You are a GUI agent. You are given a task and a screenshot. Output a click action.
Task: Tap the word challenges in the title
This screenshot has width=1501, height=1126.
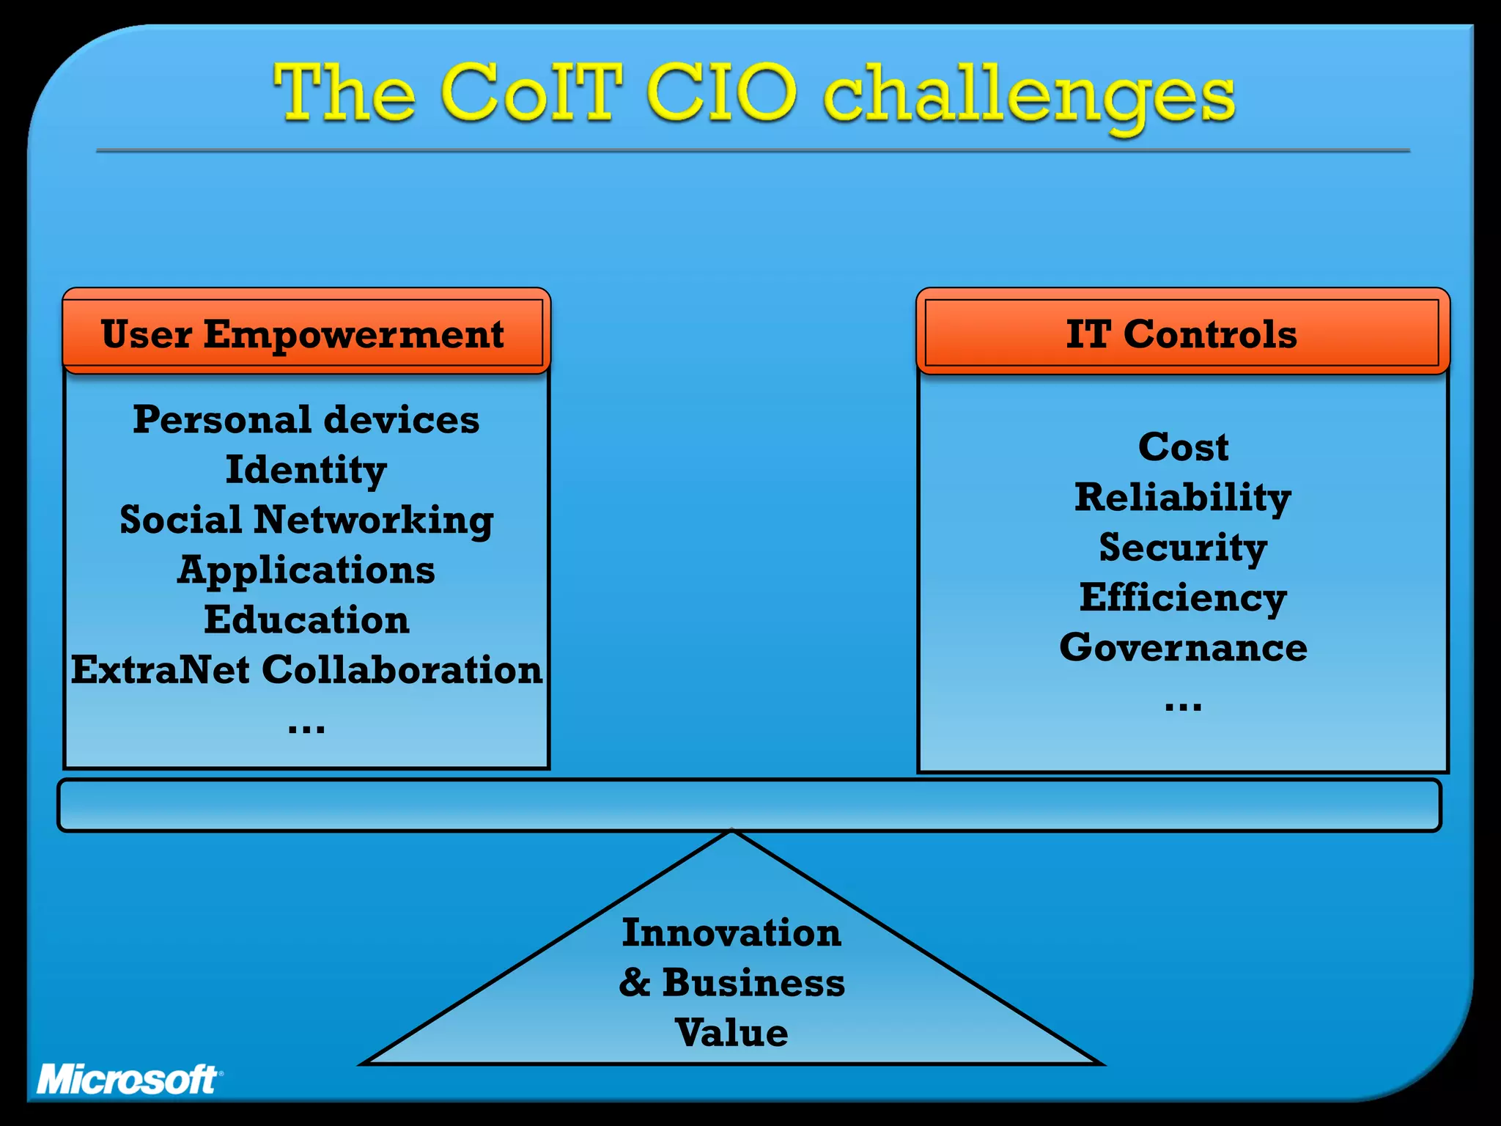[1029, 97]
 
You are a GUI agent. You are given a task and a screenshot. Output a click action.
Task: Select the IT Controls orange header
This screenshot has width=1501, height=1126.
[1181, 334]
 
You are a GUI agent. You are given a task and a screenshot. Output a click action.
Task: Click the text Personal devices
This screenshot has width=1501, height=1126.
[306, 420]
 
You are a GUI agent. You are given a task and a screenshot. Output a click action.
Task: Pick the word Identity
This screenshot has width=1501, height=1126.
[306, 470]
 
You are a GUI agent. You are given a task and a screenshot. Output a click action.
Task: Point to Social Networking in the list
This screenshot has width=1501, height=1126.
[306, 520]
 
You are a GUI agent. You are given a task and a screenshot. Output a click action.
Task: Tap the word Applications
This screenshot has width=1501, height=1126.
[306, 570]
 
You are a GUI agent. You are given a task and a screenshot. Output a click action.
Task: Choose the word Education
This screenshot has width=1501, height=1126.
[306, 620]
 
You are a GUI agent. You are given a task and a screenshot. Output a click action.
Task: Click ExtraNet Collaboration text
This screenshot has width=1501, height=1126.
[306, 670]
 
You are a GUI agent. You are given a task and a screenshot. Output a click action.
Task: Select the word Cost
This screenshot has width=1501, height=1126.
[1183, 447]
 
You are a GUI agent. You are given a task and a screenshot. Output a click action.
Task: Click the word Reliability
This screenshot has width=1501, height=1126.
[1183, 498]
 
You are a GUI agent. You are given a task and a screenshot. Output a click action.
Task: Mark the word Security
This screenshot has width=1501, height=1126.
[1183, 548]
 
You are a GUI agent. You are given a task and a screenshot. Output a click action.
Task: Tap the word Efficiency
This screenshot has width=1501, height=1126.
[1183, 597]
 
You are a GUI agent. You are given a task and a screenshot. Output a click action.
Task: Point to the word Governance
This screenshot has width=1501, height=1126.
[1183, 648]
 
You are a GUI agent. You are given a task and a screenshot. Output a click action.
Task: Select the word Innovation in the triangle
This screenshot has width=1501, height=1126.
[731, 933]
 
